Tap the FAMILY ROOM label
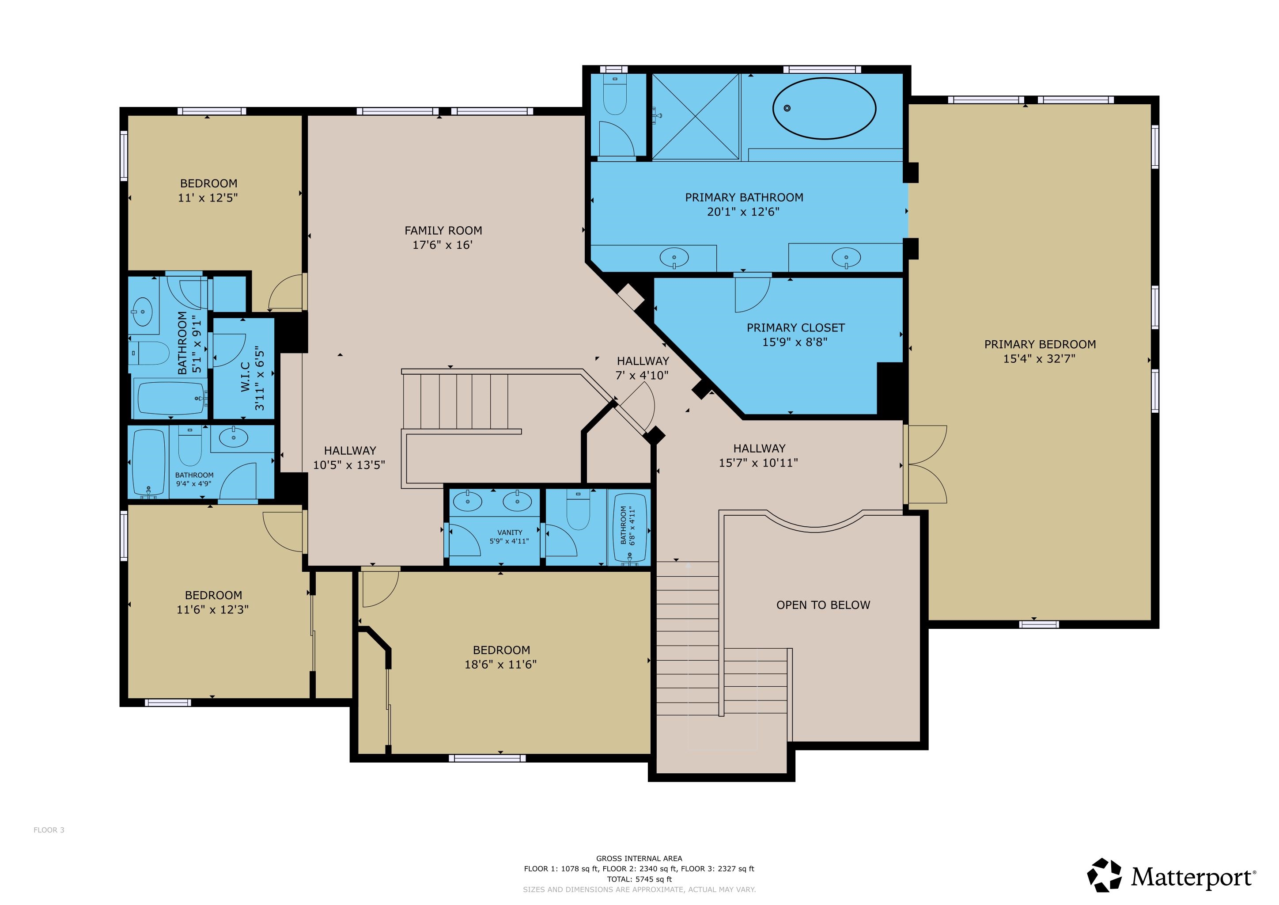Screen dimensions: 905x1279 pos(443,231)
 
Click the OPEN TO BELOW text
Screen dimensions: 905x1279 pos(823,605)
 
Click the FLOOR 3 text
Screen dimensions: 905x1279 pos(49,830)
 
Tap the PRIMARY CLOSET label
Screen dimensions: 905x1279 pos(795,328)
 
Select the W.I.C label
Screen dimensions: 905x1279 pos(245,376)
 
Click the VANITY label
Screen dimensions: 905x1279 pos(510,532)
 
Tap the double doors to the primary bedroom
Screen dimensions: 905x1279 pos(925,464)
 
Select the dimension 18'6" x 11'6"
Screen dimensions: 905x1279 pos(500,664)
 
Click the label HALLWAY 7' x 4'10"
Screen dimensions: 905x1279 pos(642,368)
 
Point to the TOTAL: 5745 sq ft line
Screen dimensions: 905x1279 pos(639,879)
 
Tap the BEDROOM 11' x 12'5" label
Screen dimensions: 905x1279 pos(208,190)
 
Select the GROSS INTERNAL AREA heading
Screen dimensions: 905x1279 pos(639,859)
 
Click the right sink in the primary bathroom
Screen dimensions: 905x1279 pos(846,258)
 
